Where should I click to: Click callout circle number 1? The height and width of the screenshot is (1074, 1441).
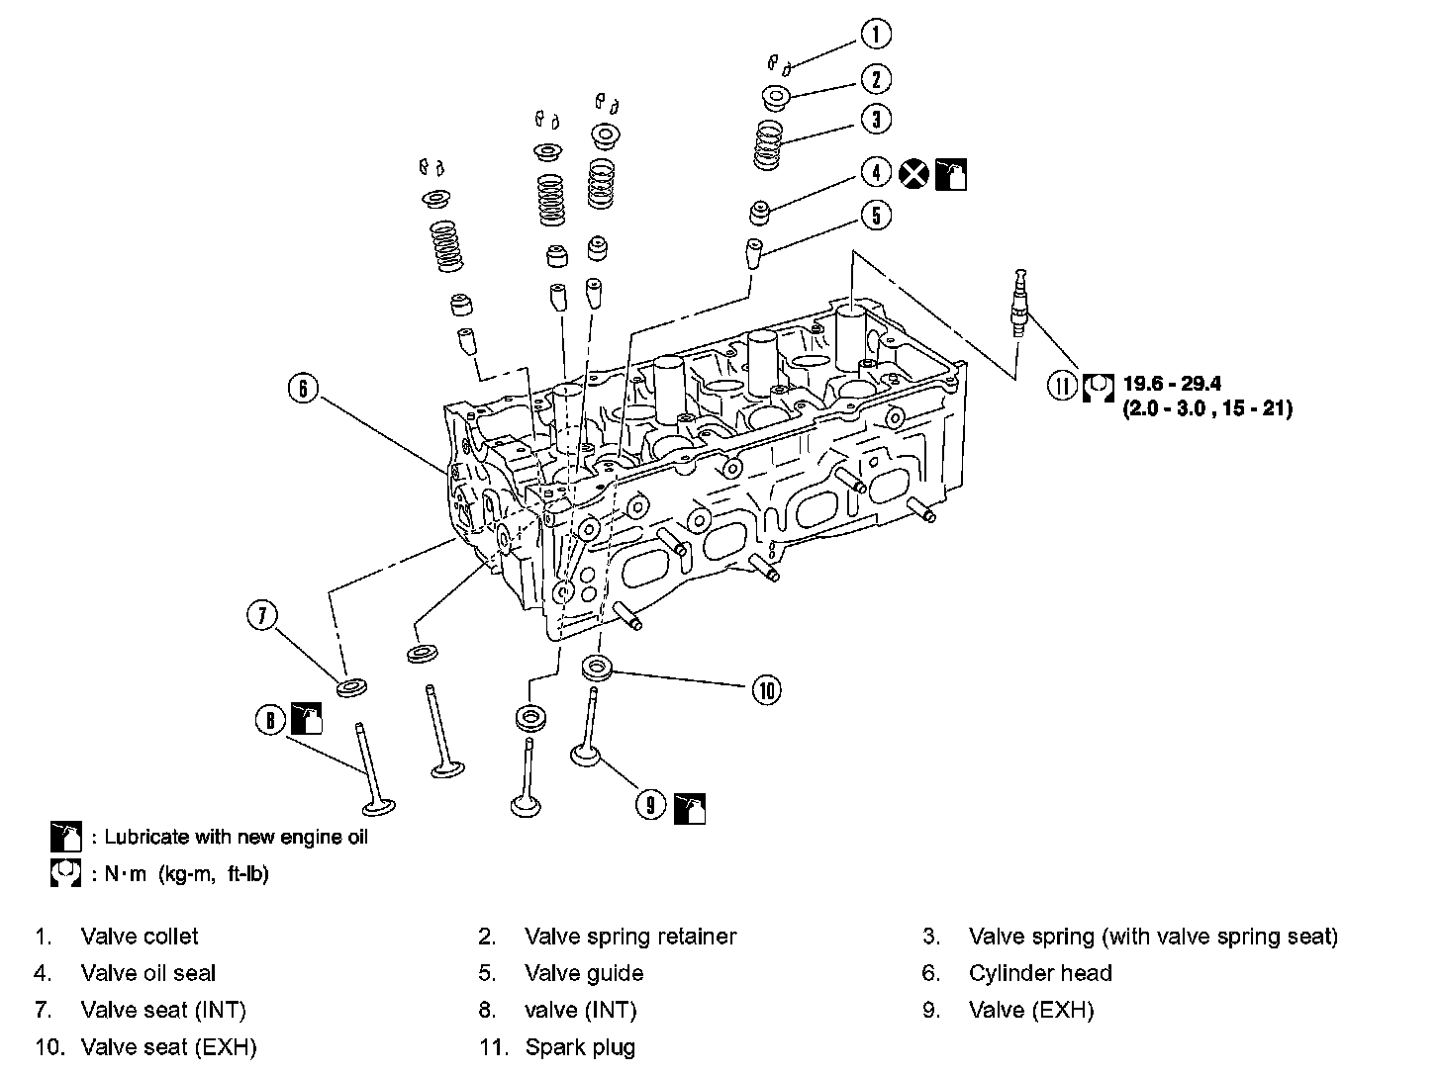tap(875, 34)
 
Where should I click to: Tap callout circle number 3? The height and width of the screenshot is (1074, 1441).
tap(875, 119)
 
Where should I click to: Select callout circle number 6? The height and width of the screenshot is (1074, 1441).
tap(302, 388)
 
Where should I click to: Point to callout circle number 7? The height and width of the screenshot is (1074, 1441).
tap(261, 616)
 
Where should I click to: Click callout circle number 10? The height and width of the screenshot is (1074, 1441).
tap(766, 689)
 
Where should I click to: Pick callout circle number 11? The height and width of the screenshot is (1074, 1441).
tap(1062, 386)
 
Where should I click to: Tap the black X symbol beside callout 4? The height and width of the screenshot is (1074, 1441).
tap(915, 174)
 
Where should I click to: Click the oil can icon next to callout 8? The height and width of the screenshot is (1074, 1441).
tap(306, 719)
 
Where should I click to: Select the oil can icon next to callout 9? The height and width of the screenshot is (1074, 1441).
tap(689, 807)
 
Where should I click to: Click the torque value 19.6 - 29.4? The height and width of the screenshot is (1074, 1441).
tap(1173, 384)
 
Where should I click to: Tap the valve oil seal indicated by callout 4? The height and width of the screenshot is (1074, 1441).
tap(760, 212)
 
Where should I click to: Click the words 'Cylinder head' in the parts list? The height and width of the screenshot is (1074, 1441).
tap(1040, 973)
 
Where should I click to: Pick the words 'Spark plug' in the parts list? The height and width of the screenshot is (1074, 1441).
tap(580, 1047)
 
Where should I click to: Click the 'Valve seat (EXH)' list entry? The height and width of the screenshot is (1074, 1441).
tap(168, 1047)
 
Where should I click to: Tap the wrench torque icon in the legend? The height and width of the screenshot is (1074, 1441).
tap(65, 874)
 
